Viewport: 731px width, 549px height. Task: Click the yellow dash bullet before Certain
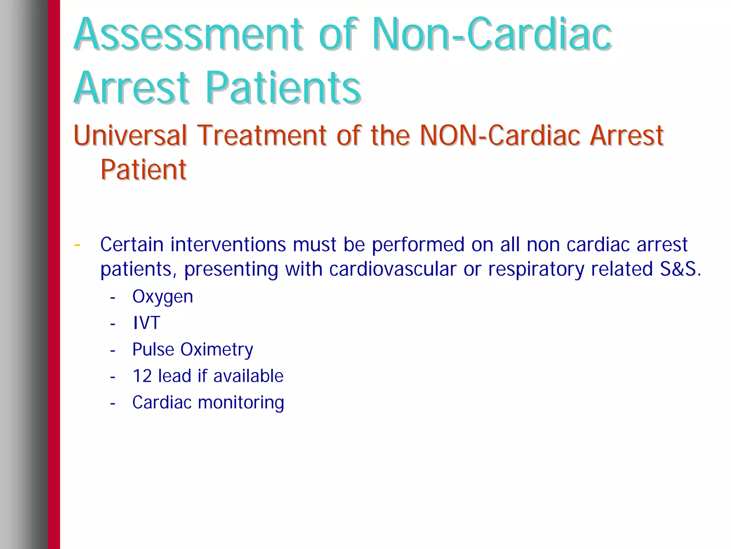tap(77, 245)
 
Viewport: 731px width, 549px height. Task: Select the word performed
tap(418, 245)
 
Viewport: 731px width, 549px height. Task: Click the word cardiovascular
tap(393, 269)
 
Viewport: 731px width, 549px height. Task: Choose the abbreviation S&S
tap(678, 269)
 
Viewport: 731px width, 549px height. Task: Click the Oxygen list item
tap(163, 297)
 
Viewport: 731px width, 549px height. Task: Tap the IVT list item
tap(146, 323)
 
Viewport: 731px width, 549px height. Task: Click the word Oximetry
tap(217, 350)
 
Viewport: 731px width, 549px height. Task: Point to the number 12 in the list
tap(142, 376)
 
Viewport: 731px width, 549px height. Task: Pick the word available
tap(248, 376)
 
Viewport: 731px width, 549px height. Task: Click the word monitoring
tap(241, 403)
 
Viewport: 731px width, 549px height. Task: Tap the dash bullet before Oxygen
tap(113, 298)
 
